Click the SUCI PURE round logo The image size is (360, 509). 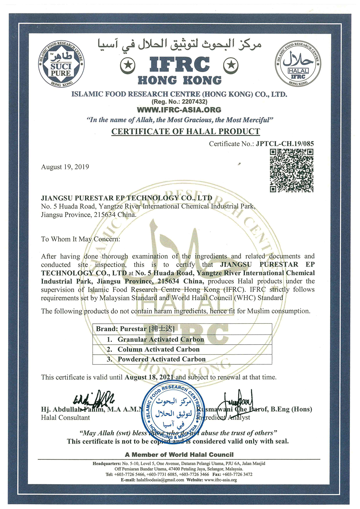(x=61, y=65)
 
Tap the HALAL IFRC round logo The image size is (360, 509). (x=298, y=65)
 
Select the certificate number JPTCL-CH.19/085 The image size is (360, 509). (x=285, y=144)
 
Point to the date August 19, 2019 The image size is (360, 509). (x=65, y=167)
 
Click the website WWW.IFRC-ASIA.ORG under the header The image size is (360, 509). (x=179, y=110)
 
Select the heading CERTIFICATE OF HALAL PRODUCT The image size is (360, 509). (x=185, y=131)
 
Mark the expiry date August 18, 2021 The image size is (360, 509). (x=149, y=377)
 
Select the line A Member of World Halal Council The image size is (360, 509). (x=179, y=455)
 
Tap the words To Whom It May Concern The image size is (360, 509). (x=80, y=239)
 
